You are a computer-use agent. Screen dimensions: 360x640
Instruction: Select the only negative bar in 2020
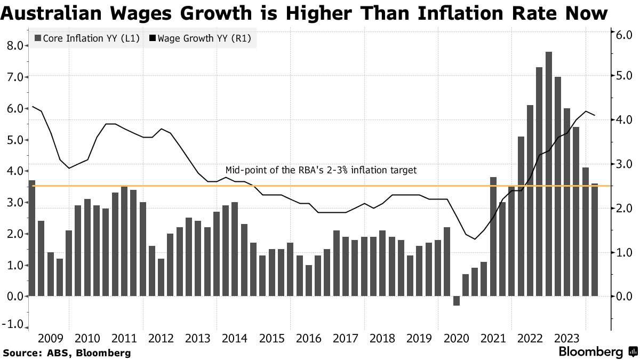pyautogui.click(x=456, y=301)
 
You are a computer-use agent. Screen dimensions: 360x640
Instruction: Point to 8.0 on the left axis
pyautogui.click(x=15, y=46)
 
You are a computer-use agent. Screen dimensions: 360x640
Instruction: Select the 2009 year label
pyautogui.click(x=51, y=338)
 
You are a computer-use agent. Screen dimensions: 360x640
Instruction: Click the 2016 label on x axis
pyautogui.click(x=309, y=338)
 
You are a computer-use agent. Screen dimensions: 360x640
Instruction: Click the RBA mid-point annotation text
pyautogui.click(x=321, y=170)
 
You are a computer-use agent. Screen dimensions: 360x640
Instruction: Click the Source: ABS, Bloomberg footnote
pyautogui.click(x=67, y=353)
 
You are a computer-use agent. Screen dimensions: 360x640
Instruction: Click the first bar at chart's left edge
pyautogui.click(x=32, y=238)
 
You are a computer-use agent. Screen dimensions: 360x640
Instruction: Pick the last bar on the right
pyautogui.click(x=595, y=239)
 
